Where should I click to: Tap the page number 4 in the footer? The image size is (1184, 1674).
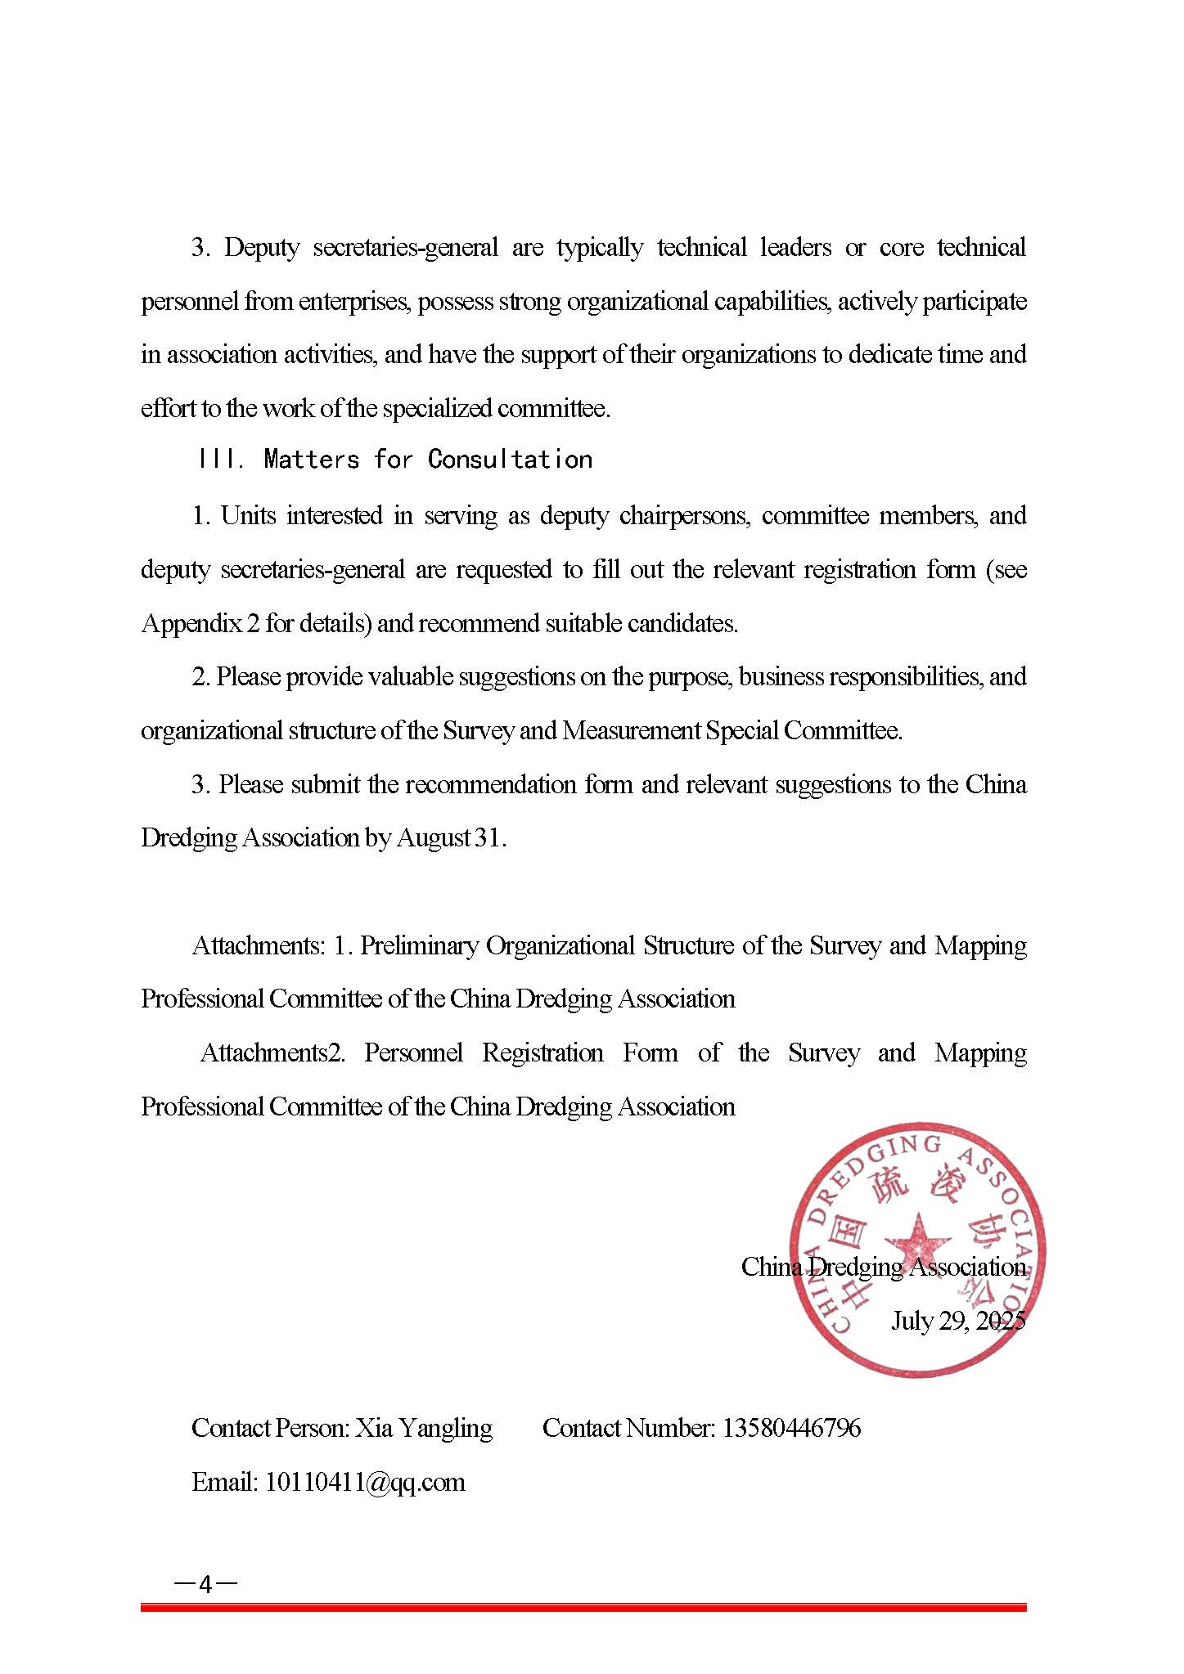205,1585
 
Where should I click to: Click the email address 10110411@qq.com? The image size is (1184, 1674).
364,1482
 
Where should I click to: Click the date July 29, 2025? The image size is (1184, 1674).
957,1320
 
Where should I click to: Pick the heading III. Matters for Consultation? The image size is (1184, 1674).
394,460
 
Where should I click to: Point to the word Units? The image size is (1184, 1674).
248,515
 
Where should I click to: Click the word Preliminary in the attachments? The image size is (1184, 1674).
419,945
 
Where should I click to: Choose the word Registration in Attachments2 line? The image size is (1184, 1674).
542,1052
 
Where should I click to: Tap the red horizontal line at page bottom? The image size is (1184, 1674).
583,1607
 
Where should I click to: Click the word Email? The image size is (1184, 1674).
225,1482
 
